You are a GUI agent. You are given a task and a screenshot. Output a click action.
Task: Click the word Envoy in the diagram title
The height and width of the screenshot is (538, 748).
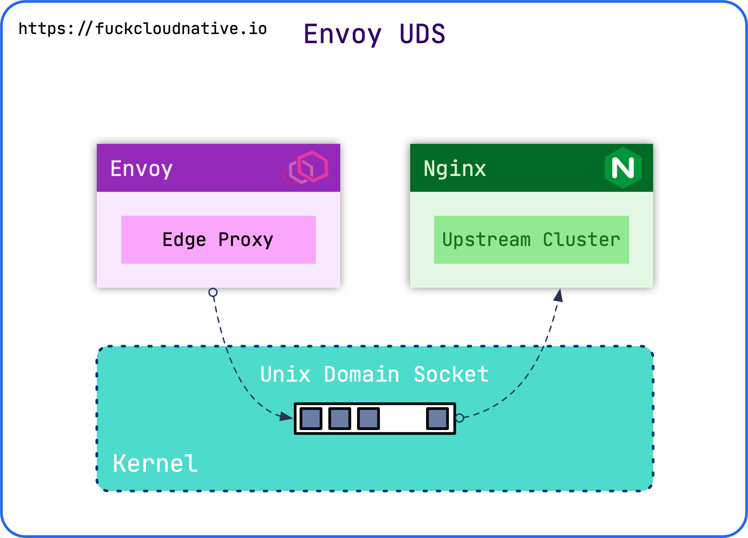[343, 35]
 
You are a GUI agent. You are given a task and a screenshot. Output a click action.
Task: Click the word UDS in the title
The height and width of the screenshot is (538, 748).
[422, 35]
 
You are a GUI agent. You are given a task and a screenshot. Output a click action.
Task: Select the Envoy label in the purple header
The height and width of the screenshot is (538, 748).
[141, 169]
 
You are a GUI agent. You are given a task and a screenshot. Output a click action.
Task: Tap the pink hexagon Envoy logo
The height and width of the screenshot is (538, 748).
[307, 167]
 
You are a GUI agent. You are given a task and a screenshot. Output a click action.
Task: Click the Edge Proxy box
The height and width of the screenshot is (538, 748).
[218, 240]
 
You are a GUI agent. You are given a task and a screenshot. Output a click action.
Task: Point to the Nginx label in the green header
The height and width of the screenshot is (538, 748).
[455, 169]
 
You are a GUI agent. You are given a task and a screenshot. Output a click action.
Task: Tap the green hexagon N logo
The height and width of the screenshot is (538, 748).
[622, 168]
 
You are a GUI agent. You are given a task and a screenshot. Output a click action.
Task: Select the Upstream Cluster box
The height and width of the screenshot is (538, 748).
[531, 240]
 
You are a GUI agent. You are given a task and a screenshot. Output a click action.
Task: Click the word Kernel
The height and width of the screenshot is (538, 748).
[155, 464]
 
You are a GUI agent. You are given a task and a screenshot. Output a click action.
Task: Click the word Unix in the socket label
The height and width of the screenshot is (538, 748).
[285, 374]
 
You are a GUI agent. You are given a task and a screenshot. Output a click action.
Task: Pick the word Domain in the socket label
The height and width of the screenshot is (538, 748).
[362, 374]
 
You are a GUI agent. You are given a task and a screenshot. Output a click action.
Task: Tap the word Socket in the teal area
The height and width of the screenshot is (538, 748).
[451, 374]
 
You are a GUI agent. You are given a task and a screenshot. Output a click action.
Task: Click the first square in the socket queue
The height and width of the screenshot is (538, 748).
[311, 419]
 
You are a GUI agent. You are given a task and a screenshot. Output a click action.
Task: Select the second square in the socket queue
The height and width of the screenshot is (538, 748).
[340, 419]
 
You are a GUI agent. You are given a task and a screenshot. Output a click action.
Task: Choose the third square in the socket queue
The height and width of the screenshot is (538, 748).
[368, 419]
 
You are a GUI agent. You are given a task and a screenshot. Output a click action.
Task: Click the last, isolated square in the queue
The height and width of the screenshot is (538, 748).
[437, 419]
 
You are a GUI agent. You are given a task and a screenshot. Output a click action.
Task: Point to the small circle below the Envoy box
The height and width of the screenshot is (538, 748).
[213, 292]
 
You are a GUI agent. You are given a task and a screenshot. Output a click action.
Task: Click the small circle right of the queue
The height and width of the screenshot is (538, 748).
[460, 418]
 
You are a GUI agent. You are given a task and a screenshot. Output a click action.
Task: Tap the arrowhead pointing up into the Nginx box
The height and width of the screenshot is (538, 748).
[558, 295]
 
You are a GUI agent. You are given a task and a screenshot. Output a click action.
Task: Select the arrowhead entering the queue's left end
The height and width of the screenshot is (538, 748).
[287, 417]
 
